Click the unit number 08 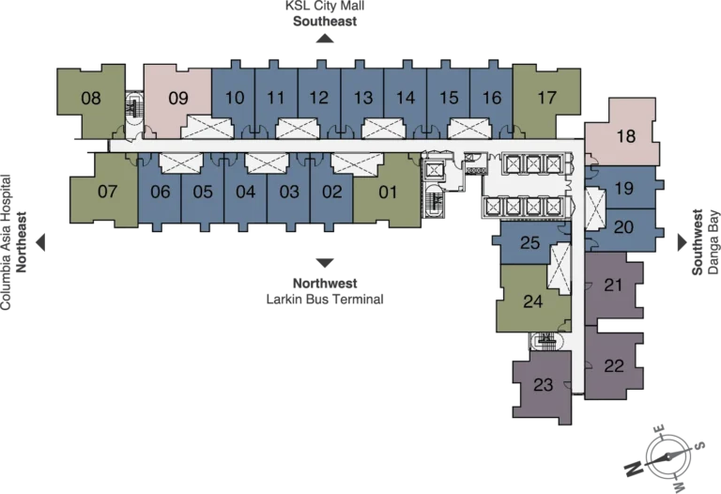coord(91,98)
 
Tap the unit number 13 coord(363,98)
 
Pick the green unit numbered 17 coord(546,99)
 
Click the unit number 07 coord(108,192)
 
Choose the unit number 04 coord(246,192)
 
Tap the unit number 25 coord(529,242)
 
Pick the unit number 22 coord(614,366)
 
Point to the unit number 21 coord(613,286)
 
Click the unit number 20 coord(624,226)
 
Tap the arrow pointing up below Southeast coord(325,39)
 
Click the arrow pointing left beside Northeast coord(41,242)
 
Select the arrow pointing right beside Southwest coord(683,242)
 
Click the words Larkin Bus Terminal coord(325,300)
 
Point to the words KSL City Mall coord(325,6)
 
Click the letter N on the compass coord(633,469)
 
